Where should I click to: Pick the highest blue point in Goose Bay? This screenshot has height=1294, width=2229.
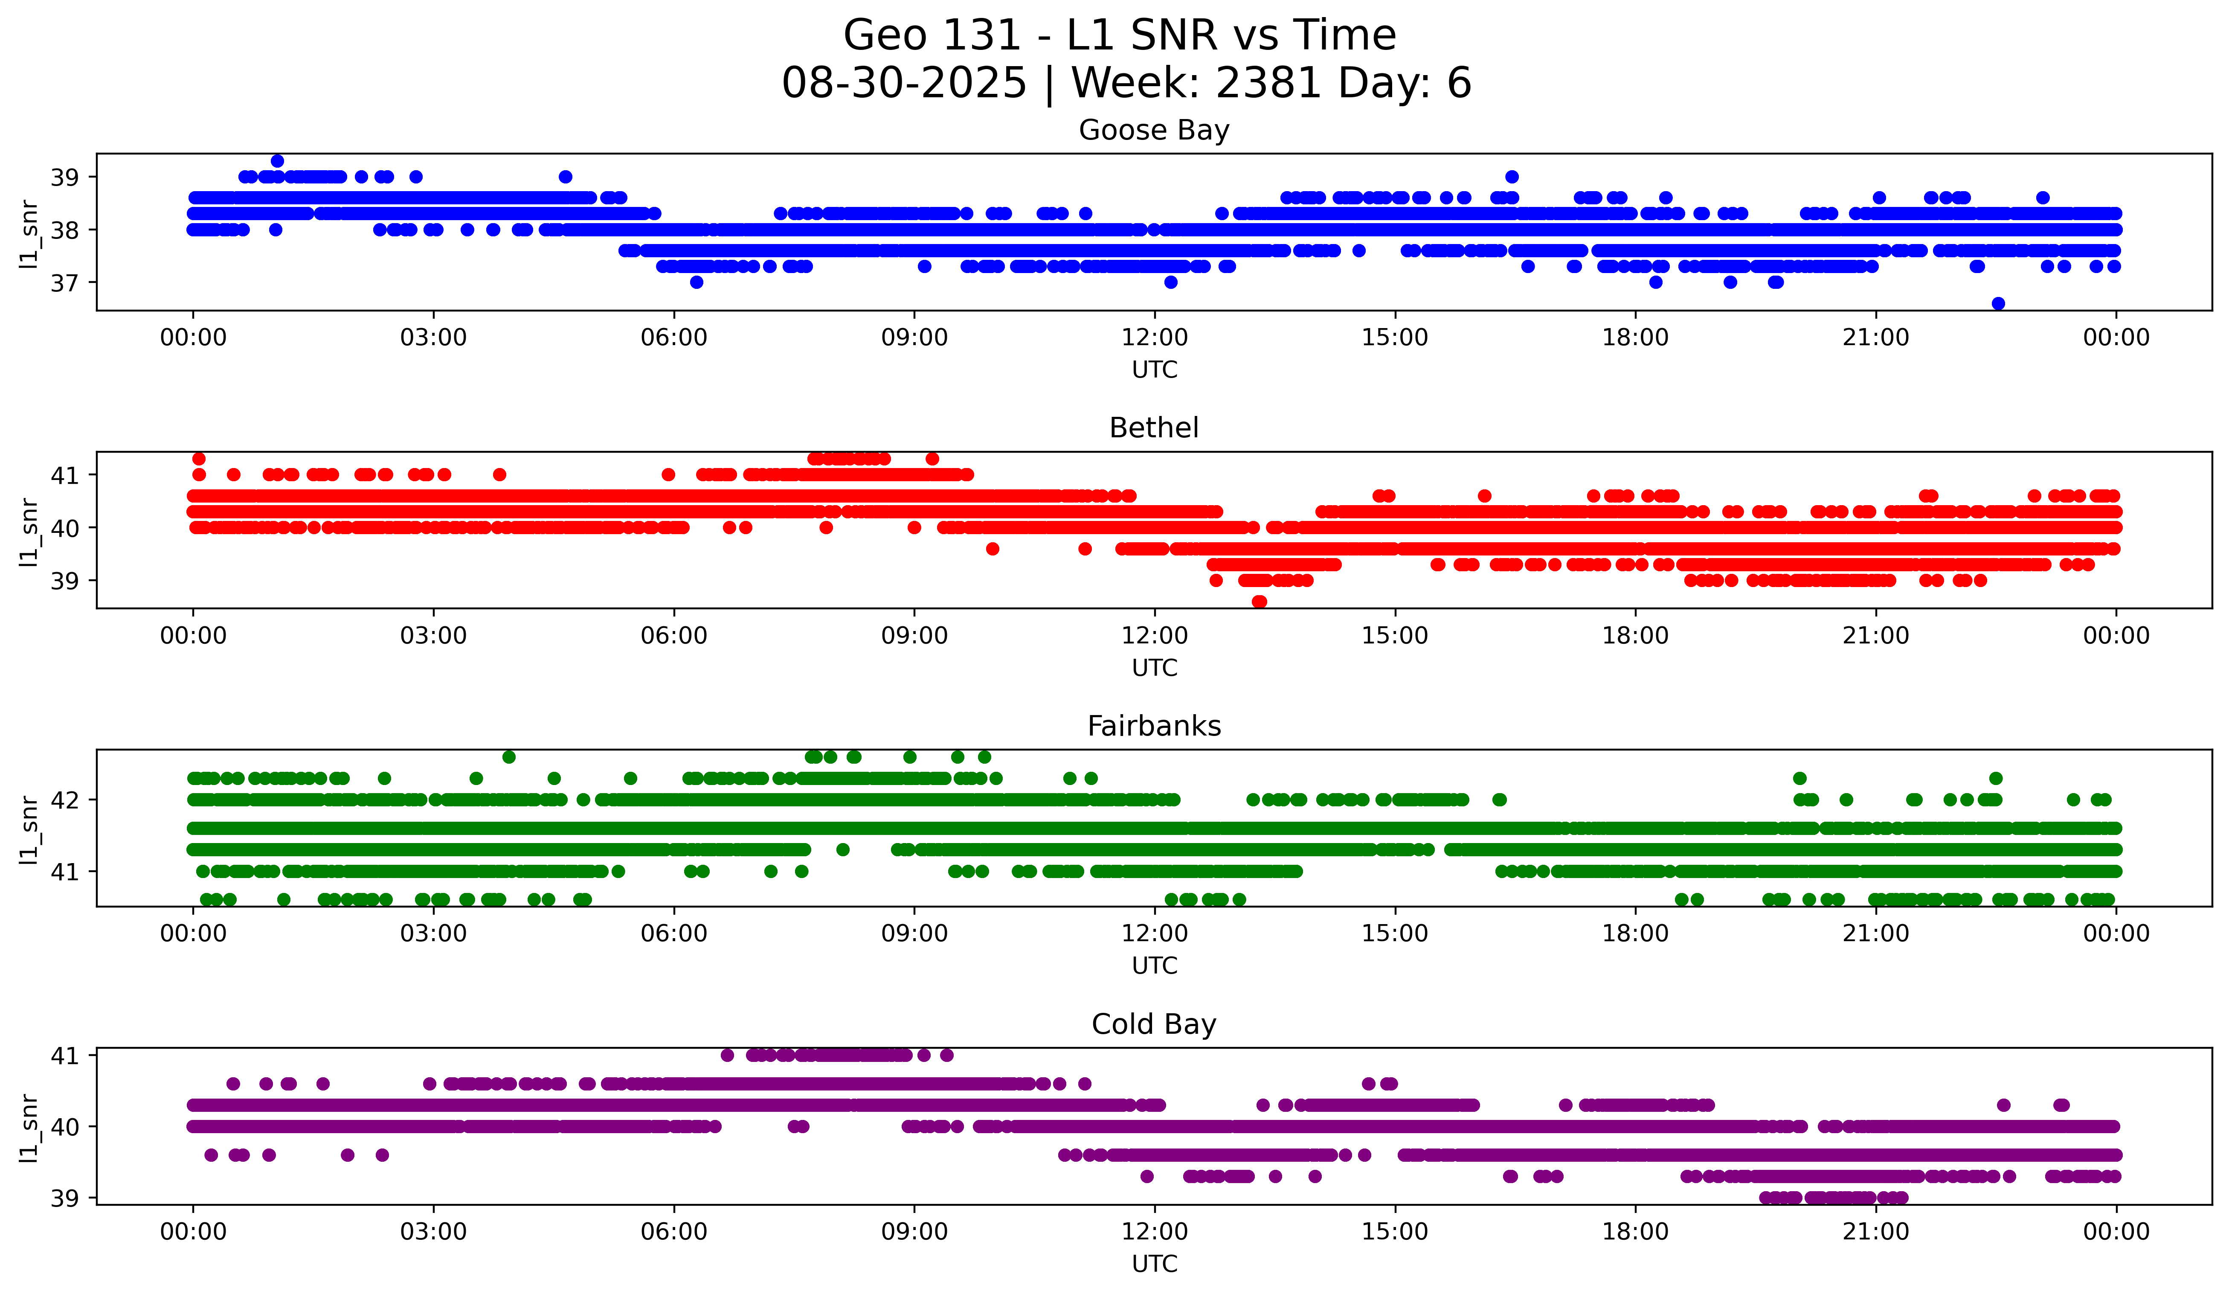(x=277, y=161)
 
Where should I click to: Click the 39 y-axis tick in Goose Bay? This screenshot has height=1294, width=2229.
(x=64, y=177)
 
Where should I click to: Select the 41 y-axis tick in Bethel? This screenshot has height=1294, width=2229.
(x=64, y=475)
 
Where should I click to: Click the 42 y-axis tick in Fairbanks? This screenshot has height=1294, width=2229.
(x=64, y=800)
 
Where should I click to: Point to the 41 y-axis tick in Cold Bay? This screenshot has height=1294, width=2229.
(x=64, y=1055)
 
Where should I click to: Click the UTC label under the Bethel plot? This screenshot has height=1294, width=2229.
(x=1154, y=668)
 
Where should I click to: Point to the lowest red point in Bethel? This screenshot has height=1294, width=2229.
(x=1259, y=602)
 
